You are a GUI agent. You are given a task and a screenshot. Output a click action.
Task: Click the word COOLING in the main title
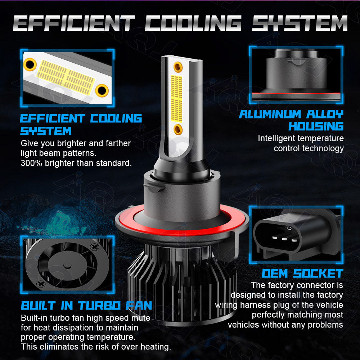click(x=193, y=23)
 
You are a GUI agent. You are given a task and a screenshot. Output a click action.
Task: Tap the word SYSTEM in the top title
click(x=300, y=23)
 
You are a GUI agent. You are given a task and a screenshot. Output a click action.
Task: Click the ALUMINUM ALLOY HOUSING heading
click(x=291, y=120)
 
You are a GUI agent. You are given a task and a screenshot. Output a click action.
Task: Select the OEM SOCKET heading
click(x=303, y=274)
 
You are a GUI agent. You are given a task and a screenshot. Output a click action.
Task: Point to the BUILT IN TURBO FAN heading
click(x=86, y=306)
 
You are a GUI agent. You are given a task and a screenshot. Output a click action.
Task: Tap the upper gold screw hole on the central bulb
click(x=178, y=67)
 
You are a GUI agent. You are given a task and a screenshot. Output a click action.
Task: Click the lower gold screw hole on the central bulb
click(x=178, y=129)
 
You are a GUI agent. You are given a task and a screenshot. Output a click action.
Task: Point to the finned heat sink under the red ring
click(x=181, y=284)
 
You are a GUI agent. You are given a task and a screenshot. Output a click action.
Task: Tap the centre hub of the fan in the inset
click(x=67, y=266)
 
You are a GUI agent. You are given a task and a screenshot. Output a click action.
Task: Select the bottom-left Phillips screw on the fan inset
click(x=41, y=284)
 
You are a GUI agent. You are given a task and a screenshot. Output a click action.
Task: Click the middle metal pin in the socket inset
click(x=284, y=239)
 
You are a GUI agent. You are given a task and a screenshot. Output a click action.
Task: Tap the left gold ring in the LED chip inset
click(x=30, y=64)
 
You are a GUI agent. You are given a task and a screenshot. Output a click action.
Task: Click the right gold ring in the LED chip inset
click(x=102, y=90)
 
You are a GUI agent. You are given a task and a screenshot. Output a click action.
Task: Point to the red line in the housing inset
click(x=296, y=93)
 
